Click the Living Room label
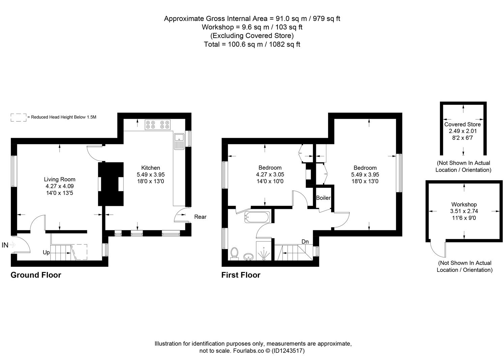pyautogui.click(x=60, y=179)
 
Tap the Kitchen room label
pyautogui.click(x=150, y=168)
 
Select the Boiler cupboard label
pyautogui.click(x=323, y=198)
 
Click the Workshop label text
pyautogui.click(x=464, y=204)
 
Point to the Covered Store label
pyautogui.click(x=462, y=124)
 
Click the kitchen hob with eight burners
pyautogui.click(x=158, y=125)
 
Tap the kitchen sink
pyautogui.click(x=179, y=141)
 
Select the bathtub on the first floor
pyautogui.click(x=257, y=217)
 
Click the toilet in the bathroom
pyautogui.click(x=234, y=253)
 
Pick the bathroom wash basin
pyautogui.click(x=248, y=257)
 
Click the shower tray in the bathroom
pyautogui.click(x=264, y=251)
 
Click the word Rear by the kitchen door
pyautogui.click(x=200, y=217)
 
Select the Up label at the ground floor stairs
pyautogui.click(x=46, y=252)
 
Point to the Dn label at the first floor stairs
pyautogui.click(x=305, y=242)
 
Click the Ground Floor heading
pyautogui.click(x=36, y=275)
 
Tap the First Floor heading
pyautogui.click(x=241, y=275)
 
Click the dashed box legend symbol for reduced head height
pyautogui.click(x=19, y=117)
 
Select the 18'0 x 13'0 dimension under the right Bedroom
pyautogui.click(x=365, y=181)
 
